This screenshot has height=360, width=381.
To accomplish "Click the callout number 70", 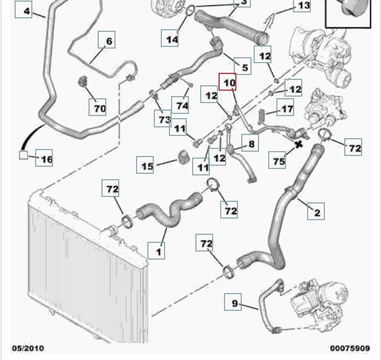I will [x=98, y=108].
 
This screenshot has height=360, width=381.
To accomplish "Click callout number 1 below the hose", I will [x=158, y=251].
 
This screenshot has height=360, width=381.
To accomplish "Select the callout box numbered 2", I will [x=317, y=212].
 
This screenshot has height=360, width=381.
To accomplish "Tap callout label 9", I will [x=235, y=303].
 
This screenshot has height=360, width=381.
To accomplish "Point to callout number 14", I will [x=172, y=39].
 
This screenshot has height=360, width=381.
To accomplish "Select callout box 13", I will [x=302, y=6].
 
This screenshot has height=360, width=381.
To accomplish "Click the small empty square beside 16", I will [x=23, y=156].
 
